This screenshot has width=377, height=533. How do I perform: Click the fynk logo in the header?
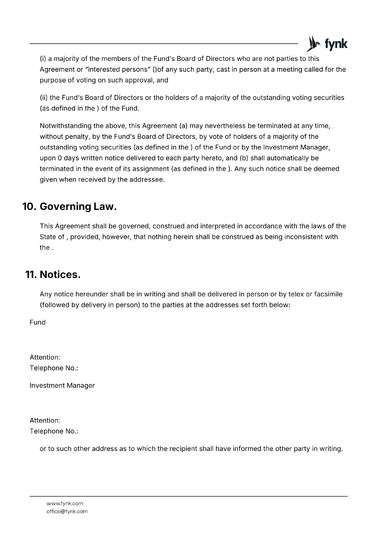tap(326, 44)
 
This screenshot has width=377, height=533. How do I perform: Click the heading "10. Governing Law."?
tap(70, 207)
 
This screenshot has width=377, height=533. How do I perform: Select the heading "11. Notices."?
tap(53, 274)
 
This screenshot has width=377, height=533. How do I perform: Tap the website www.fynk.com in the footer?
tap(65, 503)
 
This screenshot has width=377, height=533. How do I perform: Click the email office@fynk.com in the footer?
tap(67, 511)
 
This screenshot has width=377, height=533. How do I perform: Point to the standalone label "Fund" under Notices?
tap(37, 322)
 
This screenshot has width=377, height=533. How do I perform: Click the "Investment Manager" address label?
tap(62, 385)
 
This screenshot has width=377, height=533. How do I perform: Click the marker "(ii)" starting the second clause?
tap(44, 98)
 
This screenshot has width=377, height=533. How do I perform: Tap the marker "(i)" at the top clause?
tap(43, 59)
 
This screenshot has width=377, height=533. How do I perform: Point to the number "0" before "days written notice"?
tap(60, 158)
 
